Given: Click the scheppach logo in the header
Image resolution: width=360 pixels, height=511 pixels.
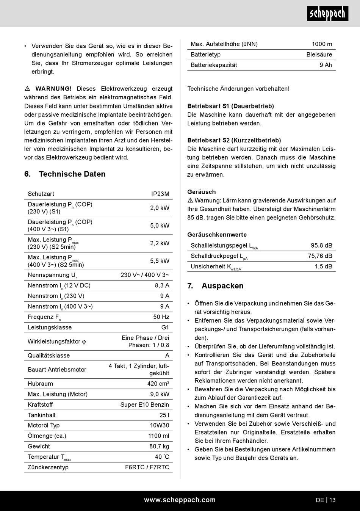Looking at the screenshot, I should click(x=327, y=14).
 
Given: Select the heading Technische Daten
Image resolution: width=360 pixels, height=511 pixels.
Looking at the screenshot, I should click(x=72, y=174).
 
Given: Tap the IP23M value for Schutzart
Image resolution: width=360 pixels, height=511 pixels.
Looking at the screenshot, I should click(x=160, y=194).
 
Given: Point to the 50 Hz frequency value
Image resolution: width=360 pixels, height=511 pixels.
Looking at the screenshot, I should click(x=161, y=317).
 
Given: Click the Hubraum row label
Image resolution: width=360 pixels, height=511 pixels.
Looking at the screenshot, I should click(x=40, y=384).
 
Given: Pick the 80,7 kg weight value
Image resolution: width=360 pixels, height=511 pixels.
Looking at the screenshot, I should click(x=159, y=447).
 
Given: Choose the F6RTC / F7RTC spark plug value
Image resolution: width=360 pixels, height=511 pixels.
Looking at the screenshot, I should click(x=147, y=467).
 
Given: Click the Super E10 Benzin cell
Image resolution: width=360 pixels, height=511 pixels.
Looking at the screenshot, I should click(x=145, y=405).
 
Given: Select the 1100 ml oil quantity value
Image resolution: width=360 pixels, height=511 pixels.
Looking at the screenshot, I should click(x=159, y=436).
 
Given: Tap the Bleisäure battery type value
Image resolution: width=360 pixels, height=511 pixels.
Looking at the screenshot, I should click(x=319, y=55).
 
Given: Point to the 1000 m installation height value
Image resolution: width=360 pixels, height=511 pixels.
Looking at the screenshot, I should click(x=322, y=44).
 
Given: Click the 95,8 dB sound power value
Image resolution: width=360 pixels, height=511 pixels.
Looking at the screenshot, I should click(x=321, y=246).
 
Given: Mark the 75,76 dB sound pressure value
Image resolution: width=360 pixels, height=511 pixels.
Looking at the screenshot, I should click(x=320, y=256).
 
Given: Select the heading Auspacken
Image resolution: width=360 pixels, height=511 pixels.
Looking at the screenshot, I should click(x=222, y=286).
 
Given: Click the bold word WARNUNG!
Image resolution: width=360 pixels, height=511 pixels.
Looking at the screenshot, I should click(x=53, y=89).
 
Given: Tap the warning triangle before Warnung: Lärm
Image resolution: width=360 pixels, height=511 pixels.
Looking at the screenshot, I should click(x=190, y=201).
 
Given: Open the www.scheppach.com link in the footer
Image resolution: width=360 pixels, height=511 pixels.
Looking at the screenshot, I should click(x=180, y=500).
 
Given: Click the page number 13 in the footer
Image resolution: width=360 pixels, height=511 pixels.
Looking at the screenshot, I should click(x=332, y=500).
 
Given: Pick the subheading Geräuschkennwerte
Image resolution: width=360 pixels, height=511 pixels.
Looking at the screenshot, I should click(x=217, y=235).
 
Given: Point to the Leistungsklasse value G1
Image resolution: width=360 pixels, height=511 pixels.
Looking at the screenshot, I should click(x=165, y=328).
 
